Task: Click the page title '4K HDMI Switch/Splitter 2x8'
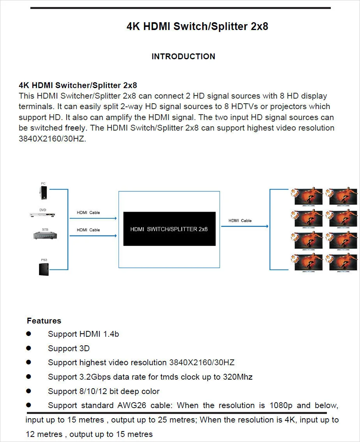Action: click(x=197, y=27)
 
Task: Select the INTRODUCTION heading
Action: click(x=183, y=57)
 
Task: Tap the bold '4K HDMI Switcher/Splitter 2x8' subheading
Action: click(x=78, y=85)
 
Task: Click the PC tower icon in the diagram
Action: click(x=43, y=193)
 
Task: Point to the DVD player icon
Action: click(x=43, y=215)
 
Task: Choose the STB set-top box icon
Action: click(x=45, y=235)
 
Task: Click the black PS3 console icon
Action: click(x=43, y=269)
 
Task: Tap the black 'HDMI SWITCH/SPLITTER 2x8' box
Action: click(x=169, y=229)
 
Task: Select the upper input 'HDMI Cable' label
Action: click(x=88, y=212)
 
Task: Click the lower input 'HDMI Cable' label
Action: click(x=88, y=230)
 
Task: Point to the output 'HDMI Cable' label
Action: click(x=240, y=221)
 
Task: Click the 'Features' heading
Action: click(x=44, y=321)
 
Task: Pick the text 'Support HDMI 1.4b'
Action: click(x=83, y=334)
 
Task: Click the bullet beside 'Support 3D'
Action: click(x=28, y=348)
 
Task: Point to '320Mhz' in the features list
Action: click(x=238, y=377)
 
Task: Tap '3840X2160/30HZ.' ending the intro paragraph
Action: click(x=52, y=139)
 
